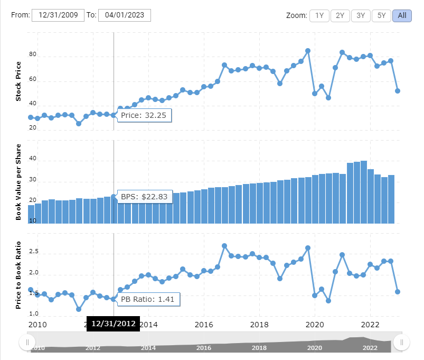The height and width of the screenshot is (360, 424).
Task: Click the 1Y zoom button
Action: pos(319,15)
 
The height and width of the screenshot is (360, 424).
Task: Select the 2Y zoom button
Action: pos(340,15)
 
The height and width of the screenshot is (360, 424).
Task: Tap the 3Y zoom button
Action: pos(361,15)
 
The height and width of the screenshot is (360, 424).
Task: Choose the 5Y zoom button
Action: pos(381,15)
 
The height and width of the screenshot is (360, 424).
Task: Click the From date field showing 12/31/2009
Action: pos(58,15)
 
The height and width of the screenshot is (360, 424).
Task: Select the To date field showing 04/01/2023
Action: pos(125,15)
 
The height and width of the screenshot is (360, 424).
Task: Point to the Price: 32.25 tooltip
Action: pos(144,115)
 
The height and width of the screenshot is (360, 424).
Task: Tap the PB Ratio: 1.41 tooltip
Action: pos(148,299)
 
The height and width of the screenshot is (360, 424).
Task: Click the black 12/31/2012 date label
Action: pos(113,324)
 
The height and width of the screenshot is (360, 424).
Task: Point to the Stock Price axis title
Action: pos(18,81)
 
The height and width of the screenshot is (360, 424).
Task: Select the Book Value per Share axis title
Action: pos(18,181)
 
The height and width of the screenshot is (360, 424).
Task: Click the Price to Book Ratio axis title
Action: pos(18,275)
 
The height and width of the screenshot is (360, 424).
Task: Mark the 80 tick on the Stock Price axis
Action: pos(32,55)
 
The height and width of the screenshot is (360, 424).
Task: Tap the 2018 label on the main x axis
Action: pos(259,324)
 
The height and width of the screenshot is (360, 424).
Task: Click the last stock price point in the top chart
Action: pos(398,91)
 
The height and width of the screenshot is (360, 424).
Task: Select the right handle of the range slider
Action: pos(402,343)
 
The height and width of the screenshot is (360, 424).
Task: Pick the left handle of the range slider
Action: pos(27,343)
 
